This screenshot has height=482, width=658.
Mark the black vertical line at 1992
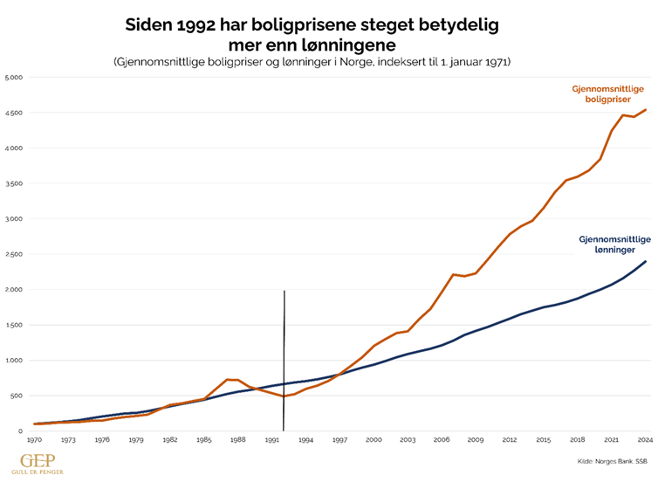[x=284, y=349]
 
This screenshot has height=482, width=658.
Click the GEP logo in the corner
[x=29, y=460]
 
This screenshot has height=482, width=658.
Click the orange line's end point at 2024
[x=646, y=110]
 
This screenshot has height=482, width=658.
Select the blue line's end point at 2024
[x=646, y=261]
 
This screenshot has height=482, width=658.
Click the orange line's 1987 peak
[x=229, y=380]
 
